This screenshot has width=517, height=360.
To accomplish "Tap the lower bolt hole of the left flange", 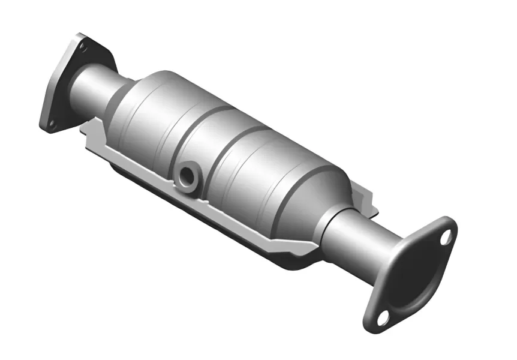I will tap(52, 125).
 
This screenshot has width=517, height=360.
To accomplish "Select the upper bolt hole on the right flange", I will tap(445, 237).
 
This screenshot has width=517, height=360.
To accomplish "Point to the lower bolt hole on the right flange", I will tap(382, 316).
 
